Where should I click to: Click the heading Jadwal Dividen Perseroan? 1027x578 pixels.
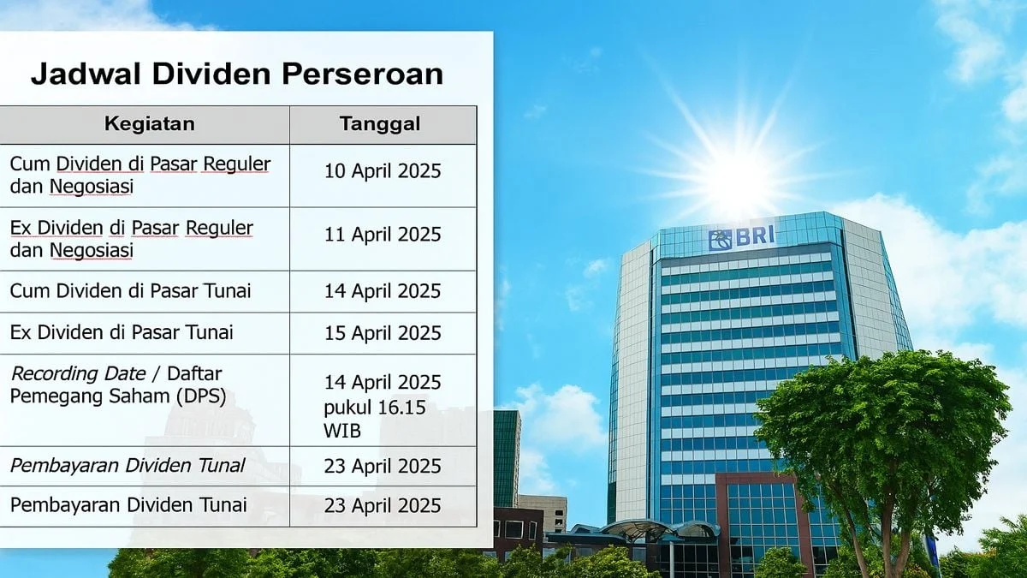[x=237, y=74]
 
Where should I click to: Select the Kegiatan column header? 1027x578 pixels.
[x=149, y=124]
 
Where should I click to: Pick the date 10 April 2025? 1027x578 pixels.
[x=383, y=170]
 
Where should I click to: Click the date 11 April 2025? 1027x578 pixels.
[x=383, y=235]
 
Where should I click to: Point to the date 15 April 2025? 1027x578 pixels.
[x=383, y=332]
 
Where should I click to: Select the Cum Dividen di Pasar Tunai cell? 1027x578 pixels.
[x=131, y=291]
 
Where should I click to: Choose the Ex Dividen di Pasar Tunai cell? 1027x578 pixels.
[x=122, y=332]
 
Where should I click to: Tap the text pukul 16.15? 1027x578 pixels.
[x=374, y=407]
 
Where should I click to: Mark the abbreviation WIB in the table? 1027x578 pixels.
[x=341, y=431]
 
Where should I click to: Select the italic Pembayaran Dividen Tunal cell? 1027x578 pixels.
[x=128, y=466]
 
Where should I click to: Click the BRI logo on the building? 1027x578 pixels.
[x=741, y=238]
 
